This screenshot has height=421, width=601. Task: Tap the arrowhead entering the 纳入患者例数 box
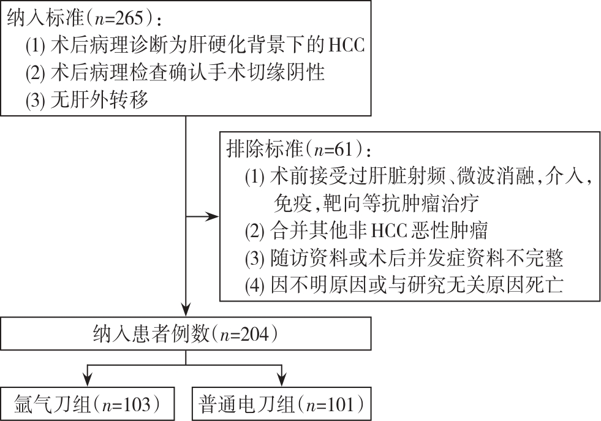tap(186, 312)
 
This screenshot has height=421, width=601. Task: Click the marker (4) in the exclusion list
tap(254, 285)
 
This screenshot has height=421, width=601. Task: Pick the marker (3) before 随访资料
tap(254, 259)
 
